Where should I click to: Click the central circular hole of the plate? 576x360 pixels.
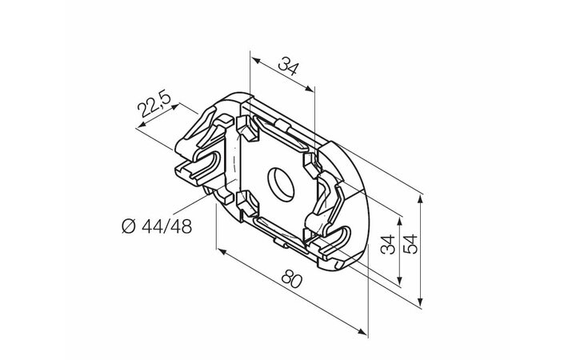281,185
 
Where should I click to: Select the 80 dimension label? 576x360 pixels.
292,279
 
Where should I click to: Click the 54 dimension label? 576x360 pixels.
410,243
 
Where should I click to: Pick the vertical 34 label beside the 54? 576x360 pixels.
388,244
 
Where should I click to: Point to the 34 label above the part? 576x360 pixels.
288,66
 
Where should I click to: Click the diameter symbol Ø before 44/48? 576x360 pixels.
129,226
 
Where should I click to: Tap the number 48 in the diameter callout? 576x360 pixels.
182,226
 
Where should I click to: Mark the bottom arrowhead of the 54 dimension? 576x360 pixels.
421,301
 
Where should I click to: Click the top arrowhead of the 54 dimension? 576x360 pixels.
421,201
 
